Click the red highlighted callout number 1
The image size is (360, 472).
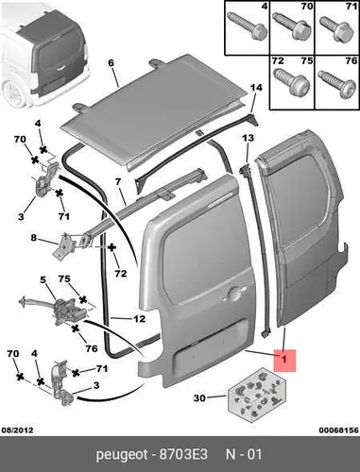285,360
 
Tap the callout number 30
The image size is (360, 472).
199,398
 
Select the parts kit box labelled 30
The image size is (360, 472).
258,396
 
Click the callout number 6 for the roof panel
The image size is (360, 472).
111,63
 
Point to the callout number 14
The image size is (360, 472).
256,88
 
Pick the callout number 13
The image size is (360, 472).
248,138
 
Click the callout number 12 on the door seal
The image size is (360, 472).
139,319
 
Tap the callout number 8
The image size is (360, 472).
34,238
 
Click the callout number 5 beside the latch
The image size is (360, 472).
43,279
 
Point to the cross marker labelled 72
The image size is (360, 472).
111,247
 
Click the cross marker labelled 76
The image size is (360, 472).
75,329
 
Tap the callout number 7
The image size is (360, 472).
118,181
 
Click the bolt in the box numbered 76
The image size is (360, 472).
335,83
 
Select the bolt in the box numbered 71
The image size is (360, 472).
334,28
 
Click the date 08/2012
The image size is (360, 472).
17,430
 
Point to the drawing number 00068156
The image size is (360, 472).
338,430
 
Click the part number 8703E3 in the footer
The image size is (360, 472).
183,455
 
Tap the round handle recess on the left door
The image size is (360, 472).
233,294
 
